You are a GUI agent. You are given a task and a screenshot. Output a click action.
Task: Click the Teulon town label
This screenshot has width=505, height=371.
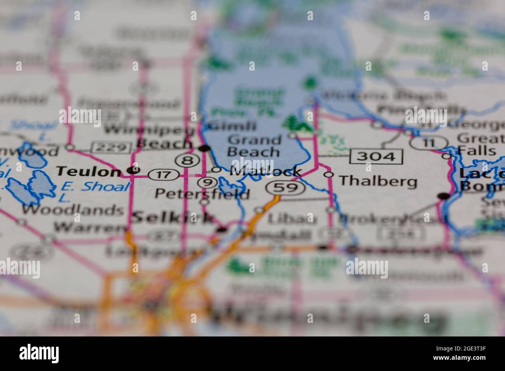coord(89,171)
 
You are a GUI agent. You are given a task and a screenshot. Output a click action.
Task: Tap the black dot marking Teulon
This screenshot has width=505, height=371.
coord(134,170)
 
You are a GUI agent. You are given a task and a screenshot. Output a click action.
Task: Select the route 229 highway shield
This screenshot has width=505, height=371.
coord(111,147)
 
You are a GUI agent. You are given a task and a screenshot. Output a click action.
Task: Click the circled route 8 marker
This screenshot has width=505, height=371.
coord(184,159)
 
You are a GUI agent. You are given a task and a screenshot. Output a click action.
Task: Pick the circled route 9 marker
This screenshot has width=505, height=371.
coord(206,182)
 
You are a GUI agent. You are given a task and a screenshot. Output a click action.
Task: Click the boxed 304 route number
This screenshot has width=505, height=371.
coord(376,156)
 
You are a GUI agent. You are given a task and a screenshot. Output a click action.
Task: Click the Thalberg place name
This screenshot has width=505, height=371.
coord(378,181)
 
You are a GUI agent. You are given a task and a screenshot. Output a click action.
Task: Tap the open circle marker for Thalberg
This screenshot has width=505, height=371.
coord(329,175)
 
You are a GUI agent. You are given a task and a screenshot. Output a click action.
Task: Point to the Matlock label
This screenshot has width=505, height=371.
coord(266,171)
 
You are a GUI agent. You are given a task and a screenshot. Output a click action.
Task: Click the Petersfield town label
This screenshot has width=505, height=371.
coord(202,193)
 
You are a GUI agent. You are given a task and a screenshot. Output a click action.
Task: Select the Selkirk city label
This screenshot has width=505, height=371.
coord(172,217)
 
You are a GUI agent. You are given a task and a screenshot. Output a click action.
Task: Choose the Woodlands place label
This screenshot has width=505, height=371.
coord(72,210)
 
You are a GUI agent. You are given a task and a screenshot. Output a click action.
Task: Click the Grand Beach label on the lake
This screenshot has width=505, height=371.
coord(254,146)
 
